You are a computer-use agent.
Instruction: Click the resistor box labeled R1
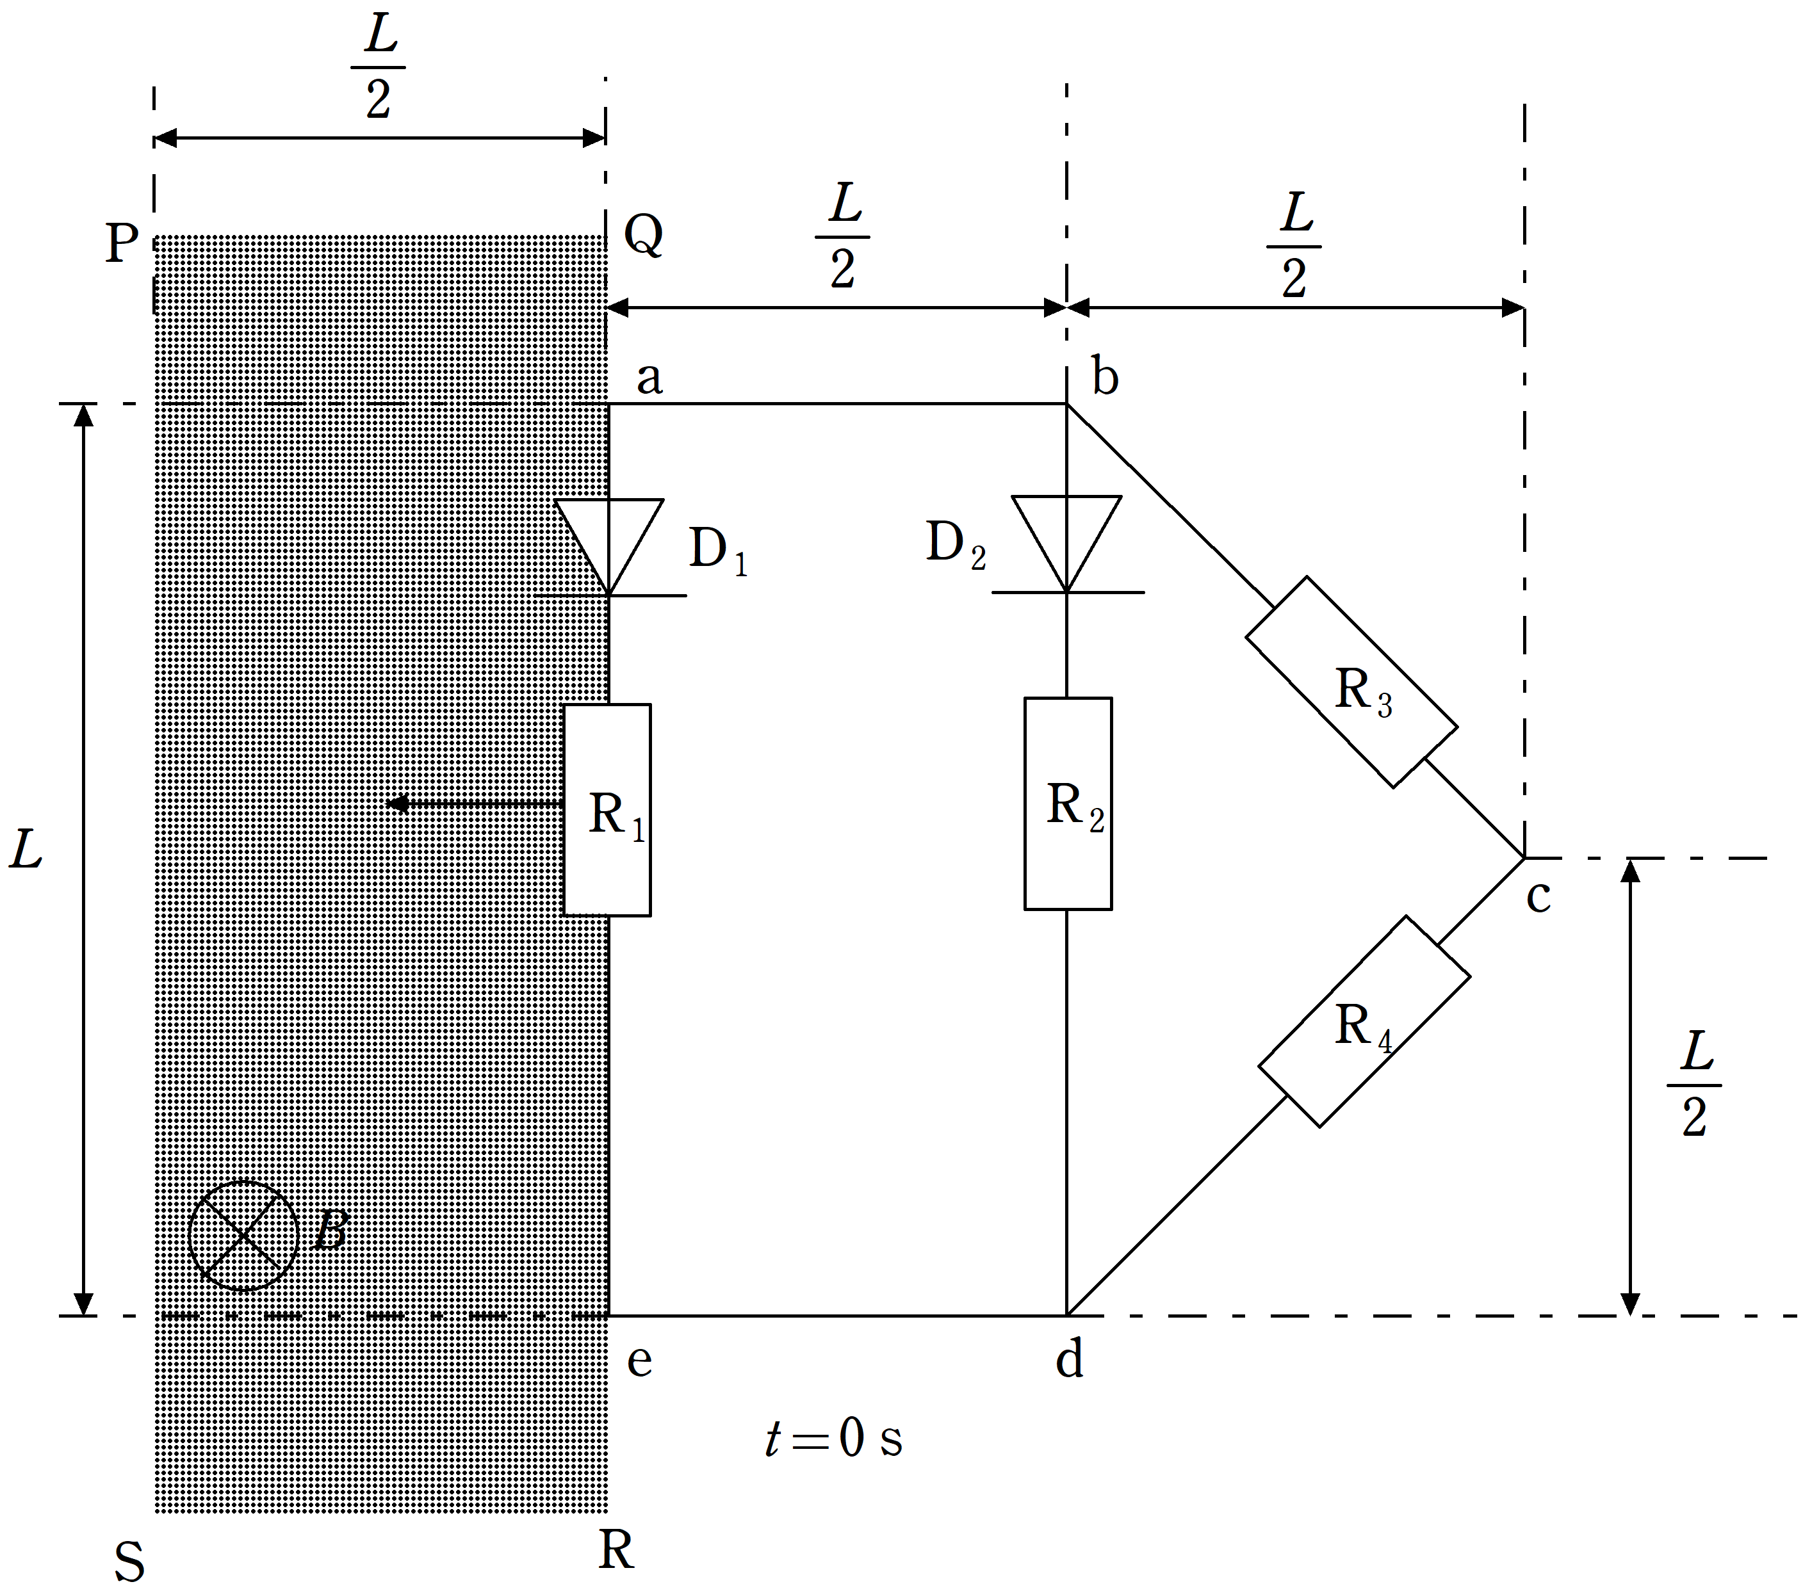pos(607,810)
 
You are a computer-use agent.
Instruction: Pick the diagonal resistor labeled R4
pos(1363,1021)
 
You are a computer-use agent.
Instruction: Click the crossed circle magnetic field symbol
pos(243,1236)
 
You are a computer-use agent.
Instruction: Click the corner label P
pos(122,243)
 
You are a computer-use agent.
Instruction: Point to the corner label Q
pos(643,234)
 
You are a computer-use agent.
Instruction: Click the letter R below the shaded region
pos(616,1549)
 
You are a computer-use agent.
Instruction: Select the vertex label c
pos(1538,897)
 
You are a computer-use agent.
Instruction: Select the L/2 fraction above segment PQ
pos(379,66)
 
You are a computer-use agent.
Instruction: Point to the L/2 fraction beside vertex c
pos(1693,1084)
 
